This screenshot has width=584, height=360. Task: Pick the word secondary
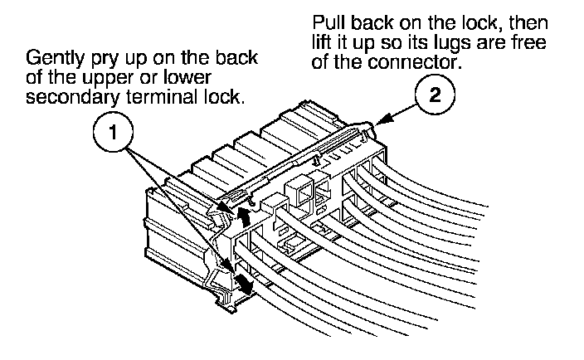click(x=66, y=99)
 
